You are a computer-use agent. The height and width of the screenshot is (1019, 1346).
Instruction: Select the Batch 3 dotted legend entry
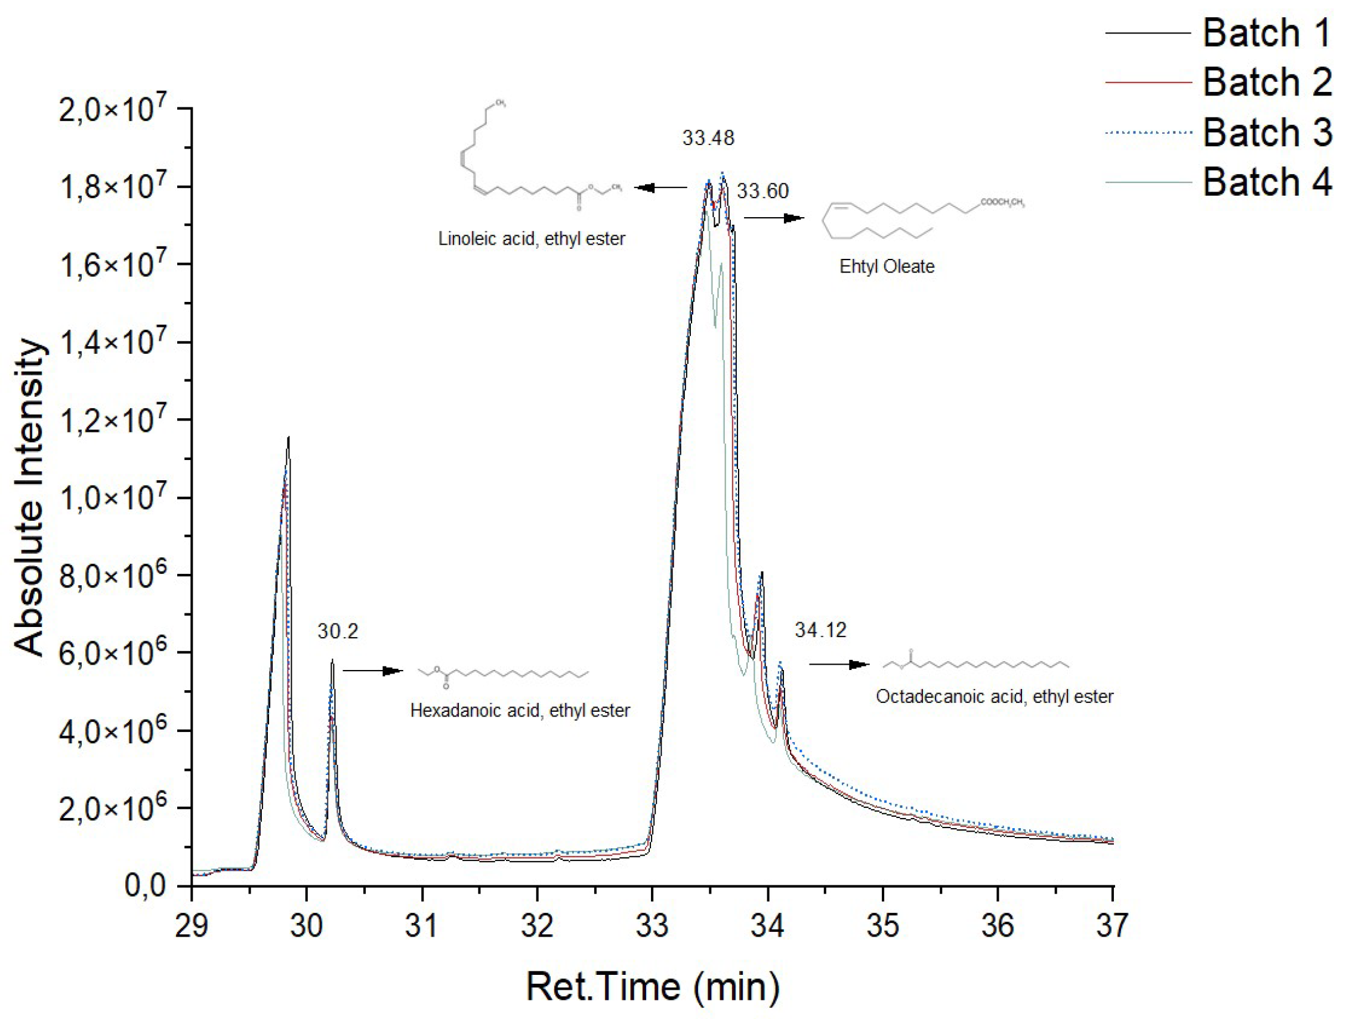click(1265, 132)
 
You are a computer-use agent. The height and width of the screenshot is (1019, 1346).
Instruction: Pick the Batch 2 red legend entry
click(1265, 82)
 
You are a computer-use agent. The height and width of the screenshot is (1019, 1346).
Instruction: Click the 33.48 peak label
click(708, 138)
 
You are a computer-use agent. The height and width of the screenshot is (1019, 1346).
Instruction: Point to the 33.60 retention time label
click(762, 191)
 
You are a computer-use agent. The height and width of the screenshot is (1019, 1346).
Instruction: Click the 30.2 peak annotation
click(338, 631)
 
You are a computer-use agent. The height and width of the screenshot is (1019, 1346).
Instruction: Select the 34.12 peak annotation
click(820, 629)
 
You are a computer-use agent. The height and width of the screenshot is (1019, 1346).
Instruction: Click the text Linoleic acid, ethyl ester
click(531, 239)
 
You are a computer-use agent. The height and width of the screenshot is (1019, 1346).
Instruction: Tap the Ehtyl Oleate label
click(887, 267)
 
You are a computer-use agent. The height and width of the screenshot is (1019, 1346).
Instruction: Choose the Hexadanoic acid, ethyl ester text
click(520, 711)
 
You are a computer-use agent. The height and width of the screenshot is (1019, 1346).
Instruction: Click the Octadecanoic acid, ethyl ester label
click(995, 697)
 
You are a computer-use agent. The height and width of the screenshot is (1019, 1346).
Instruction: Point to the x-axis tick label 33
click(652, 926)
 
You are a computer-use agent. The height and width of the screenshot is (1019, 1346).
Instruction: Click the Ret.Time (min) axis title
click(652, 986)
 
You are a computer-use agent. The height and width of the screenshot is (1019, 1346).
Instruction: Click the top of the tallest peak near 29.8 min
click(288, 437)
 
